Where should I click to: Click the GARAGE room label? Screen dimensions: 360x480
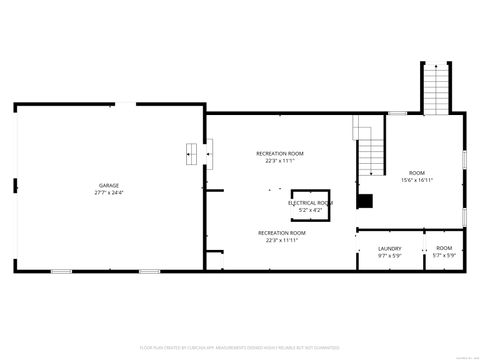click(x=108, y=185)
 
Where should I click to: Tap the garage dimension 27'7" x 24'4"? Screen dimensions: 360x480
click(x=108, y=192)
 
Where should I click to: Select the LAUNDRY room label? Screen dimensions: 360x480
click(x=390, y=248)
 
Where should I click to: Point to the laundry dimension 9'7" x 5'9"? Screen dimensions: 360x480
click(x=390, y=255)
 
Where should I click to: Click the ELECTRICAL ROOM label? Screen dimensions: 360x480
click(x=310, y=203)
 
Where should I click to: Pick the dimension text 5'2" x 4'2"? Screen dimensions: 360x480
click(x=310, y=210)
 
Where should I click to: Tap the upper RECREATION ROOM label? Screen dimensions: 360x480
click(x=280, y=153)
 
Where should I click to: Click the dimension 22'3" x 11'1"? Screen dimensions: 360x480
click(x=280, y=160)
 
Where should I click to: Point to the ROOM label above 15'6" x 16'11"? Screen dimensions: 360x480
click(x=416, y=173)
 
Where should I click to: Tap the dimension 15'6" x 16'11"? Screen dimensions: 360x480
click(x=416, y=180)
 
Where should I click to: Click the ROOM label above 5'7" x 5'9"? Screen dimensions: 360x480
click(x=444, y=248)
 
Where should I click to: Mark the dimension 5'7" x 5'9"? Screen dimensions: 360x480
click(x=444, y=255)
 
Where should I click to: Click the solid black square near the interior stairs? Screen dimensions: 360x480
click(x=367, y=201)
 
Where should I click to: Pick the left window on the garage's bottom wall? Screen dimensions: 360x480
click(x=60, y=271)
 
